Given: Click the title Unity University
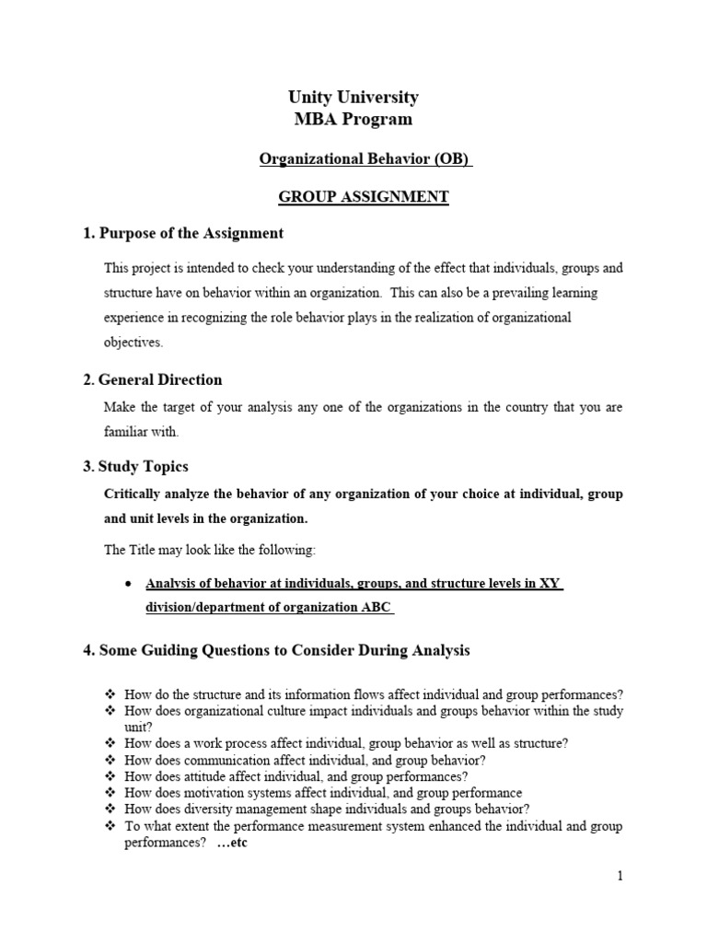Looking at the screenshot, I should pyautogui.click(x=354, y=97).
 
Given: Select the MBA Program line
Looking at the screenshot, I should pyautogui.click(x=354, y=119).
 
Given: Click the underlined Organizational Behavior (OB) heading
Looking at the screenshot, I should pyautogui.click(x=365, y=159).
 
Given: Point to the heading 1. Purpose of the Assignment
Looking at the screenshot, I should pyautogui.click(x=183, y=233).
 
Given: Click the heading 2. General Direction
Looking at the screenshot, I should pyautogui.click(x=153, y=379).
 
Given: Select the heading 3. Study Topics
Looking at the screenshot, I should pyautogui.click(x=136, y=466).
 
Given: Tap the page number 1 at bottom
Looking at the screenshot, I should pyautogui.click(x=620, y=876).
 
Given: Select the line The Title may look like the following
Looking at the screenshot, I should pyautogui.click(x=210, y=550).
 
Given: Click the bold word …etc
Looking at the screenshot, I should pyautogui.click(x=232, y=843).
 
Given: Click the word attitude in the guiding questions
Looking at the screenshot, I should pyautogui.click(x=186, y=776).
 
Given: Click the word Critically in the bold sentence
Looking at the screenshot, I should pyautogui.click(x=136, y=494).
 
